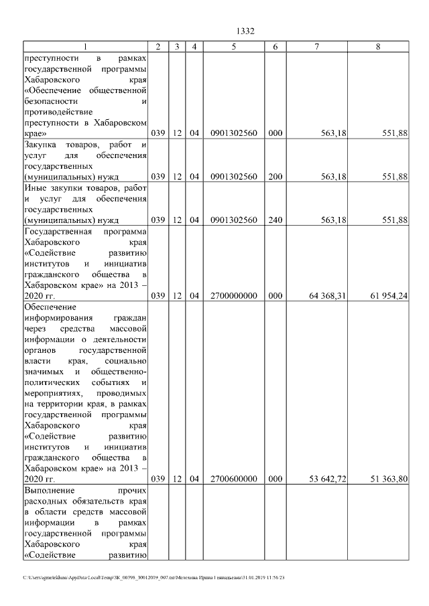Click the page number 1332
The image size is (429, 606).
tap(247, 31)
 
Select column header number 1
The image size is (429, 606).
tap(85, 46)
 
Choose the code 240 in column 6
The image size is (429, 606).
tap(275, 219)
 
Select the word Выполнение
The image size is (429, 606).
tap(48, 491)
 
